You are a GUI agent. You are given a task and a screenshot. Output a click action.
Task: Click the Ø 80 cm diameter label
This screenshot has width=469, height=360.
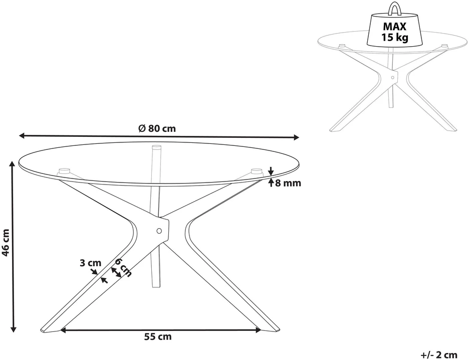157,128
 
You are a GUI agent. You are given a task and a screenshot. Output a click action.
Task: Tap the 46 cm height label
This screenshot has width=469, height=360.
6,242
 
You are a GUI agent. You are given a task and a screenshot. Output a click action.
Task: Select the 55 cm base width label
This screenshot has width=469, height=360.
158,336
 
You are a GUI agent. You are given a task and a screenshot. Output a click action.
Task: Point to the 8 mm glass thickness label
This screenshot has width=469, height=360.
288,183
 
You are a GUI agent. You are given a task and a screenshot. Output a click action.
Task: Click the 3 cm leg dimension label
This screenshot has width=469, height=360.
91,263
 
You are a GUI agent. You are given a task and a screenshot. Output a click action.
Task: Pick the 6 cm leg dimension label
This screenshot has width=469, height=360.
123,267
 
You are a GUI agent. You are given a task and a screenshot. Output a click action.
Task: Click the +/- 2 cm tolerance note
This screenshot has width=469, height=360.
439,355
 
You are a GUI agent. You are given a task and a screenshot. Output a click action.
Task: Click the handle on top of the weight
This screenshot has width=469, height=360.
394,9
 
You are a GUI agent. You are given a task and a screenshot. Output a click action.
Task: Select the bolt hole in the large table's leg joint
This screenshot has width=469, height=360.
159,231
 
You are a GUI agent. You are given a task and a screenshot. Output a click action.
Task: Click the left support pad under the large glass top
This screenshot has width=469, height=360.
64,171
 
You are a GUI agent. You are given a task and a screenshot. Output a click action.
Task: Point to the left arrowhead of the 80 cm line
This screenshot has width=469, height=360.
22,136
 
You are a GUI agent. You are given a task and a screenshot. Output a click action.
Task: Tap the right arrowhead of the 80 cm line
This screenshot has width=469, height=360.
296,137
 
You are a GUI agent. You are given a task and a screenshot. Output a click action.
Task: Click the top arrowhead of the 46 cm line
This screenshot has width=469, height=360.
12,163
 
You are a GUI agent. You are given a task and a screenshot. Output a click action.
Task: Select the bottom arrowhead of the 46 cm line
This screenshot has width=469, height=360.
13,329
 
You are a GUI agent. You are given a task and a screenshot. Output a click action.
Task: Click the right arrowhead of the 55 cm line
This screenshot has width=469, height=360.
258,330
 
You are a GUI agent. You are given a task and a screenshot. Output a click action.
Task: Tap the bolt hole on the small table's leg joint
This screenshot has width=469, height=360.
393,77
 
